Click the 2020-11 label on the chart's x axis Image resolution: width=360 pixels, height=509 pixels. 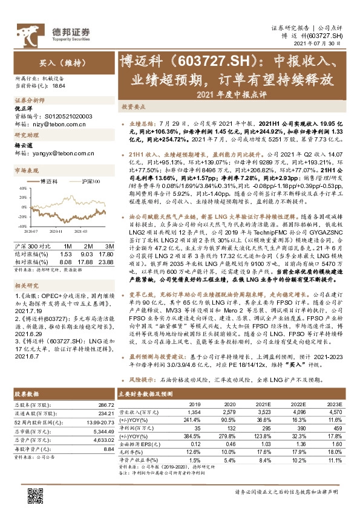coord(58,230)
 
